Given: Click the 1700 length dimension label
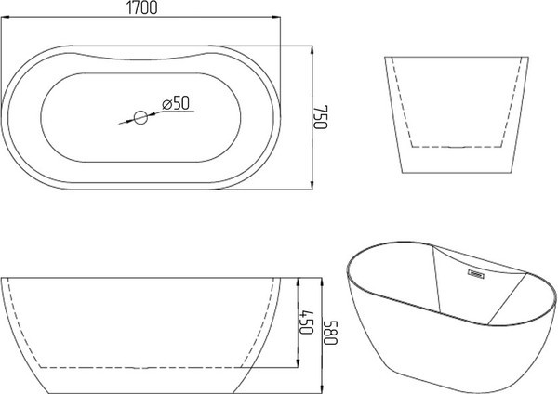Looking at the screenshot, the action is coord(141,7).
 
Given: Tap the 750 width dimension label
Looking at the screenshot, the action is coord(320,117).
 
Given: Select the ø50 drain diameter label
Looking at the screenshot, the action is coord(176,103).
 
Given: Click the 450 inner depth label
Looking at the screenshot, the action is coord(306,322).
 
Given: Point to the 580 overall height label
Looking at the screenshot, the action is coord(330,333).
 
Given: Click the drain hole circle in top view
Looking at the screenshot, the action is coord(140,117).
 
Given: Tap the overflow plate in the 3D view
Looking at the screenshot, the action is coord(476,274).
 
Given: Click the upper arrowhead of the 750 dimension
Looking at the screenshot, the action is coord(312,51).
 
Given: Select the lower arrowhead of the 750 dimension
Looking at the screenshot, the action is coord(312,184).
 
